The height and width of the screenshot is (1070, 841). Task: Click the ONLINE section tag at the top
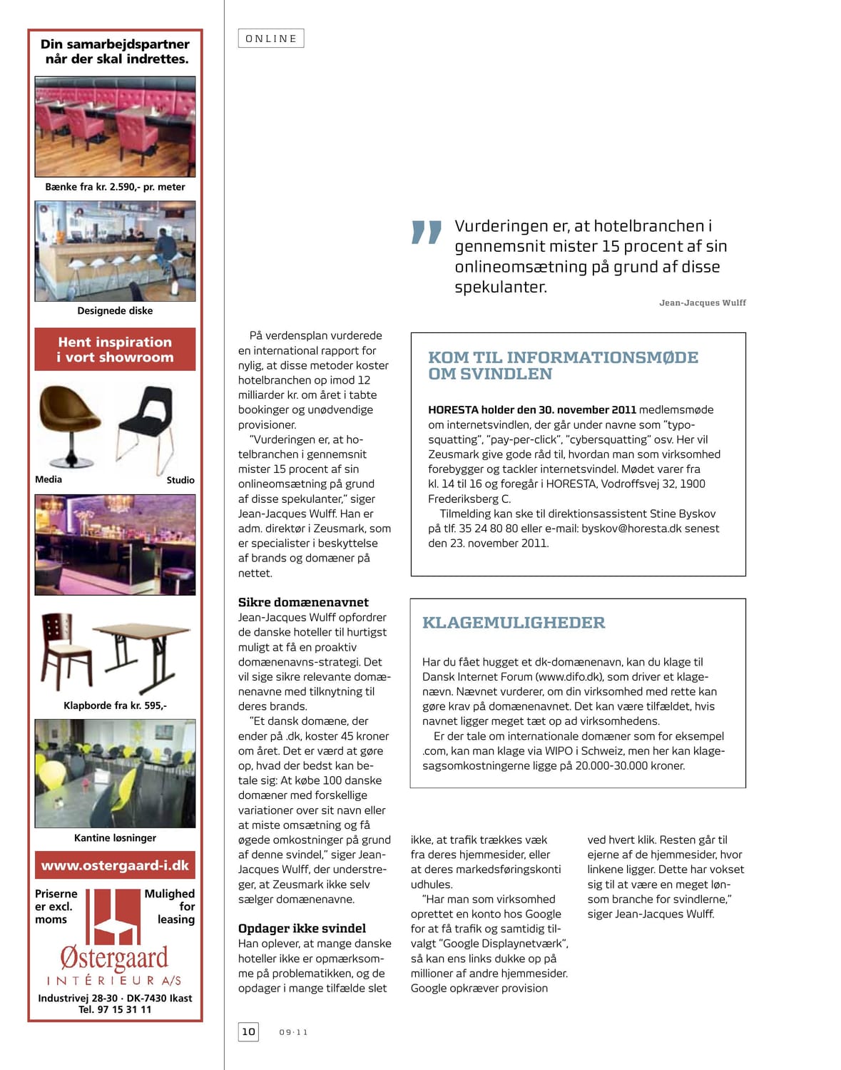click(x=271, y=39)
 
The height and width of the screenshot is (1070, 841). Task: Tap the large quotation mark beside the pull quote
click(x=427, y=233)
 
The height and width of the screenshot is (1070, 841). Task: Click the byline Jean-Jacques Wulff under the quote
click(x=702, y=303)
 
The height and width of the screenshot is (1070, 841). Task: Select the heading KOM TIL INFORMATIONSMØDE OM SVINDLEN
click(x=563, y=365)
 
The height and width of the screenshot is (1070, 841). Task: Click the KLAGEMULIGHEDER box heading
click(x=514, y=623)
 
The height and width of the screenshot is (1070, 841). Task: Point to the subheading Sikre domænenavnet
click(x=303, y=602)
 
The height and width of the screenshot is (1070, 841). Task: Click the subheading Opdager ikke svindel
click(x=302, y=928)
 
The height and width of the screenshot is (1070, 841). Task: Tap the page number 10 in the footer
click(x=248, y=1031)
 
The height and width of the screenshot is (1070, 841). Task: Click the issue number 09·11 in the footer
click(x=293, y=1032)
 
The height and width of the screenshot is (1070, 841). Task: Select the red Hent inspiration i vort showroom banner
click(x=115, y=350)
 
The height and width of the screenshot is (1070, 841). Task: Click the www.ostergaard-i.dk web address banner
click(x=115, y=865)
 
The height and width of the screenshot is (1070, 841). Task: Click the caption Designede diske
click(x=115, y=311)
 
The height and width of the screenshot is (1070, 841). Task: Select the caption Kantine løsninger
click(x=115, y=838)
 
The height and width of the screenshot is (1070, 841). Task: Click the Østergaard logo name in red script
click(x=114, y=957)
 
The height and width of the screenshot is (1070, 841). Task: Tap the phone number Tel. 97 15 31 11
click(x=115, y=1009)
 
